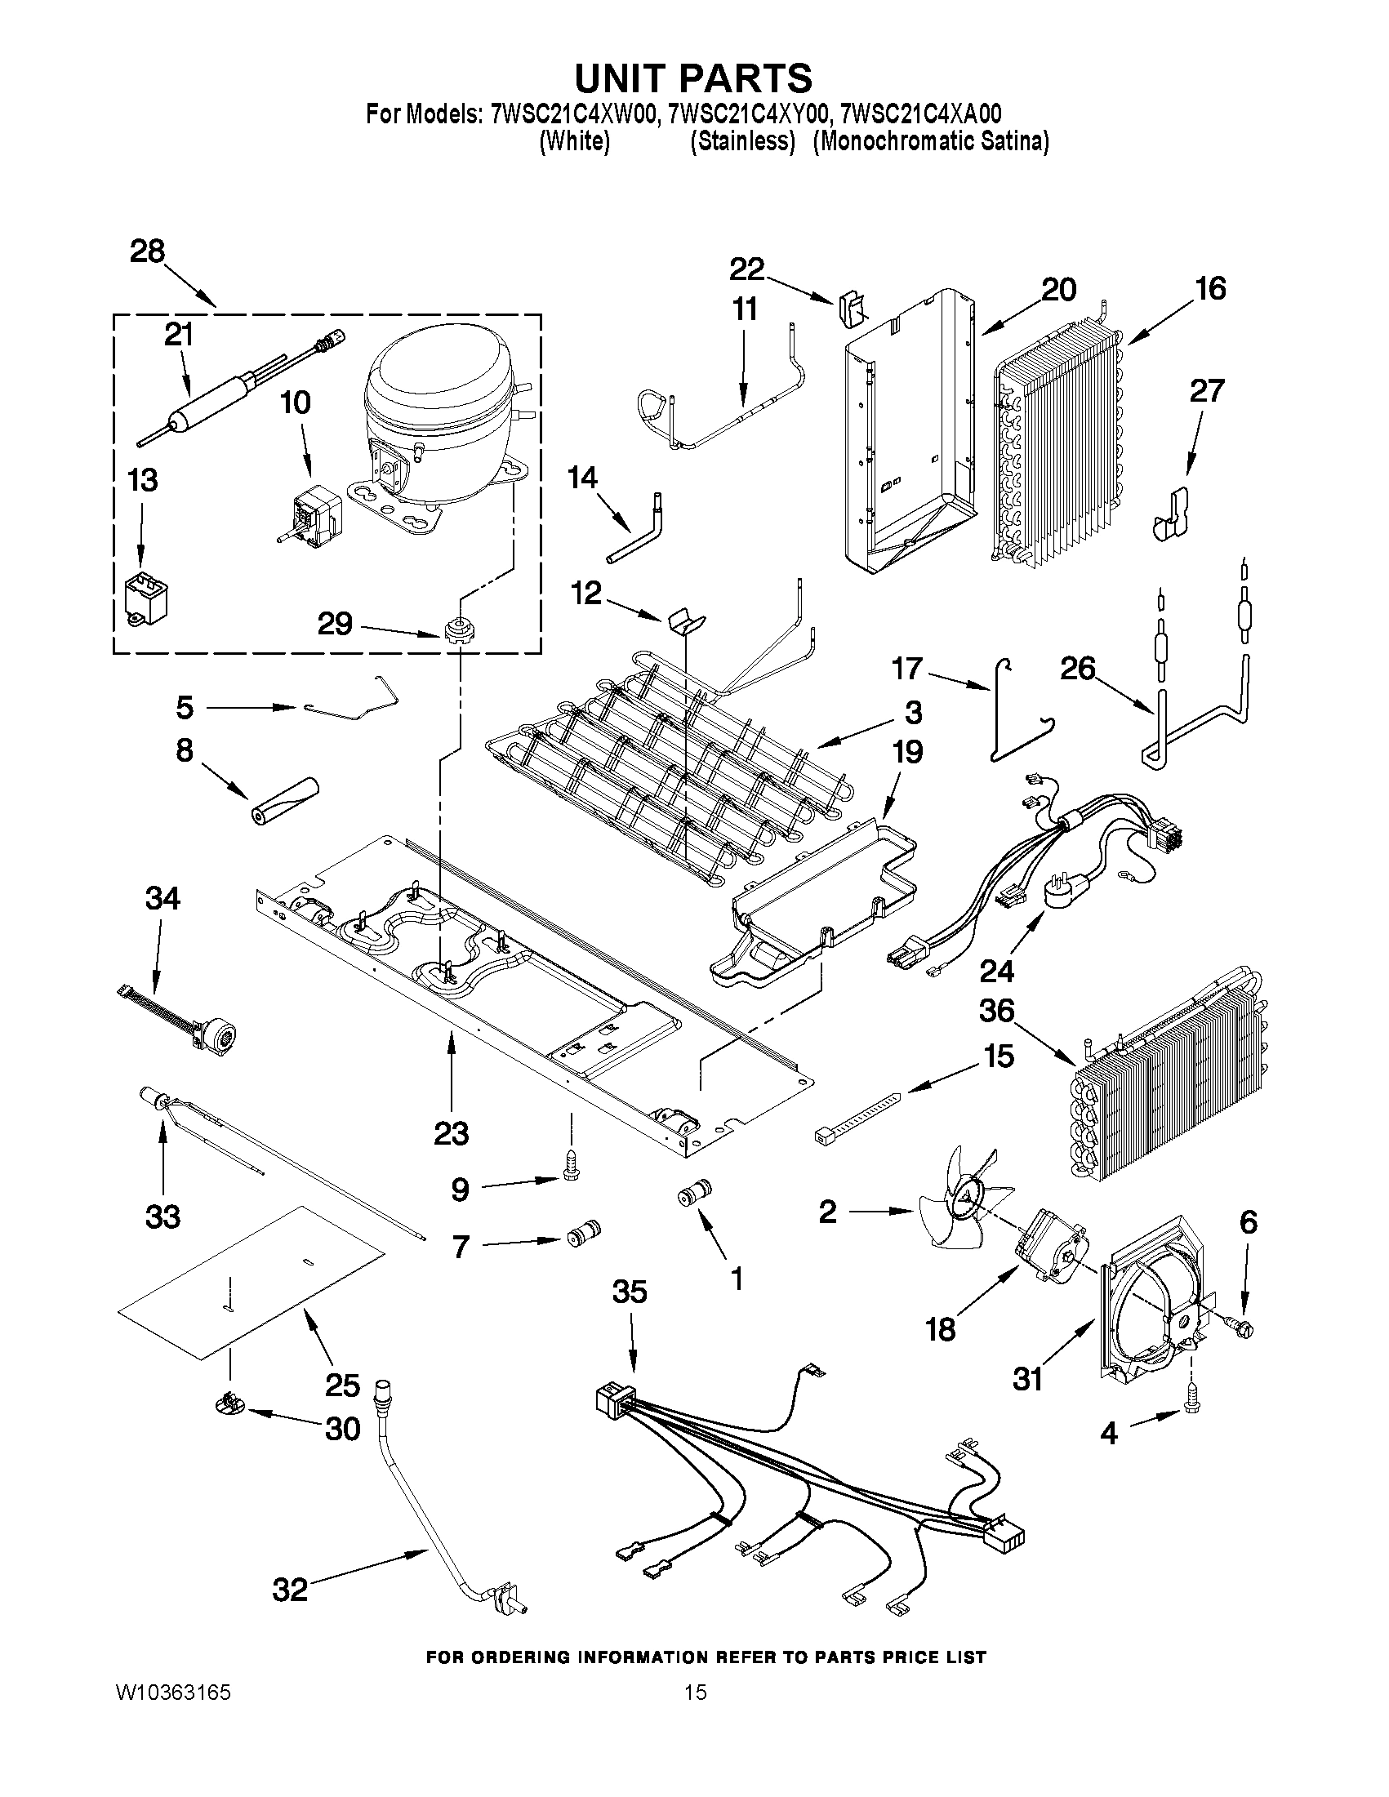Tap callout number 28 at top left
(x=147, y=251)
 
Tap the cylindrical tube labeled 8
(x=285, y=798)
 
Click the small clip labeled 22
(x=852, y=309)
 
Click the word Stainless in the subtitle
(x=742, y=141)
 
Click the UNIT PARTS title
(x=692, y=78)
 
